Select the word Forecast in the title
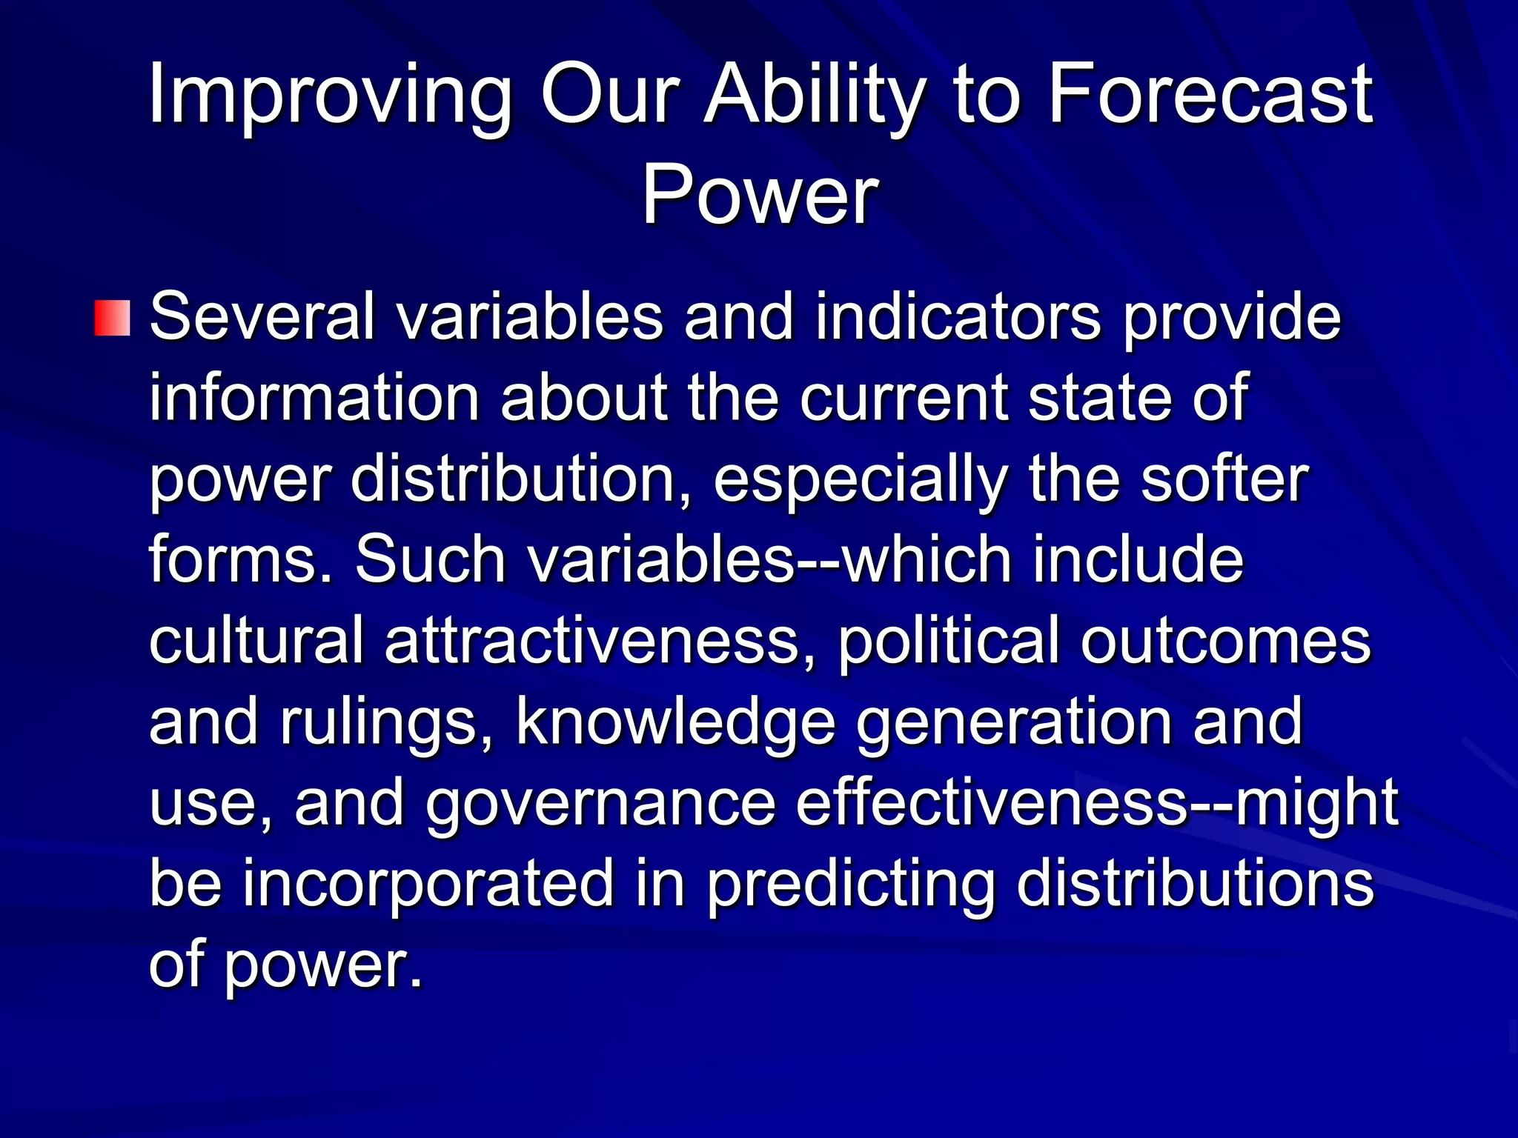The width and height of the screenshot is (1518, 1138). coord(1210,95)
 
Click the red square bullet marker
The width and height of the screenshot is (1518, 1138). coord(113,318)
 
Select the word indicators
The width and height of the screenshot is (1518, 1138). coord(958,317)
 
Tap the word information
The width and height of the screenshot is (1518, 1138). coord(314,398)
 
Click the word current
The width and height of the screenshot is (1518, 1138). coord(904,398)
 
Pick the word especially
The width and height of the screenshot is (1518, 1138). coord(860,481)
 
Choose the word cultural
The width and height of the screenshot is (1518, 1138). coord(256,640)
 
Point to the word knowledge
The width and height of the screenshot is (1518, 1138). coord(675,722)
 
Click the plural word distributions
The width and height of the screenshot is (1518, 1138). coord(1195,882)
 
